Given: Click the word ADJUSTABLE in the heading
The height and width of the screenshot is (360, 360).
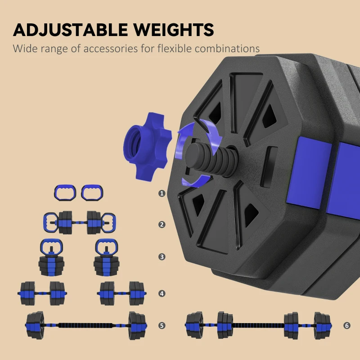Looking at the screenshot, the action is pyautogui.click(x=71, y=30).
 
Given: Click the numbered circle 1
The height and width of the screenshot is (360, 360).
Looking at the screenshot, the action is pyautogui.click(x=162, y=193).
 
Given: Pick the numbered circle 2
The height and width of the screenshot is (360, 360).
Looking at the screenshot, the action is pyautogui.click(x=162, y=225).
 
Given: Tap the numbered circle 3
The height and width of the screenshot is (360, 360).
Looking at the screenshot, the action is pyautogui.click(x=162, y=256).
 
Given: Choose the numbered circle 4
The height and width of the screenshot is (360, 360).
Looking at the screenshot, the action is pyautogui.click(x=162, y=293).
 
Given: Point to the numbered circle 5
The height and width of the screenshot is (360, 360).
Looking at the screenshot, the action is pyautogui.click(x=162, y=325).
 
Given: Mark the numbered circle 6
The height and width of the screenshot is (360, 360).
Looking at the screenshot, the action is pyautogui.click(x=347, y=325).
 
